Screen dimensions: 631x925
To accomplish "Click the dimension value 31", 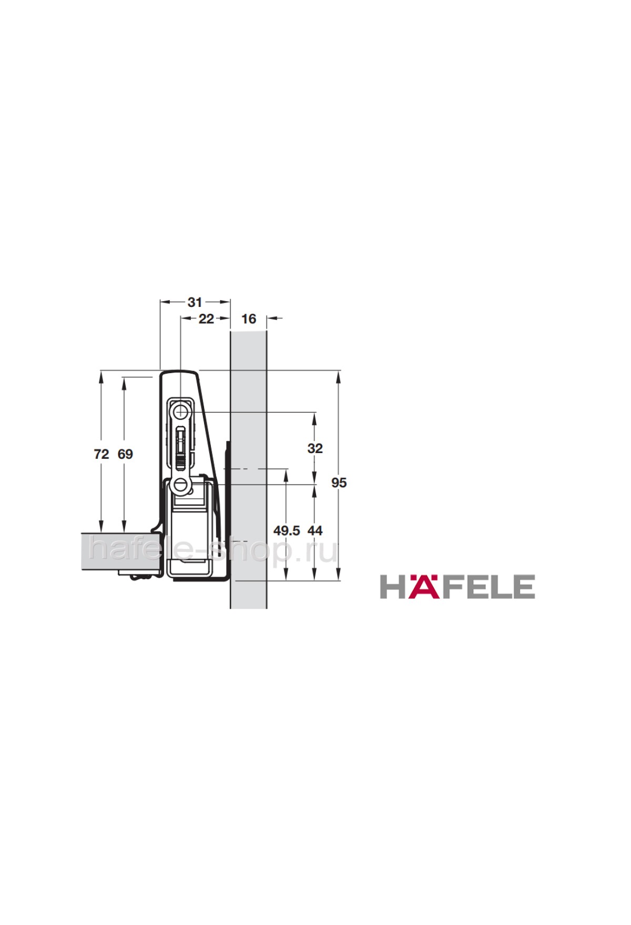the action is [195, 302].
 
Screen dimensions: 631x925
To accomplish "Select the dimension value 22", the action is [206, 318].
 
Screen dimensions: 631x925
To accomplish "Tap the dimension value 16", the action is [248, 318].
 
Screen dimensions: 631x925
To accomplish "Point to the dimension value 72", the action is [101, 454].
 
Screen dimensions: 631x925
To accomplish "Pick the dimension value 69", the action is [125, 454].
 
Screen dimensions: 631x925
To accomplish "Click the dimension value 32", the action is [315, 448].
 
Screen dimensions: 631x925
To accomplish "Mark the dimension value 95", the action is [339, 482].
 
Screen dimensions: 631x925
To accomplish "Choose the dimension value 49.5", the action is [287, 531].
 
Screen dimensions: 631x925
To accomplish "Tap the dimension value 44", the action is [315, 531].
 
